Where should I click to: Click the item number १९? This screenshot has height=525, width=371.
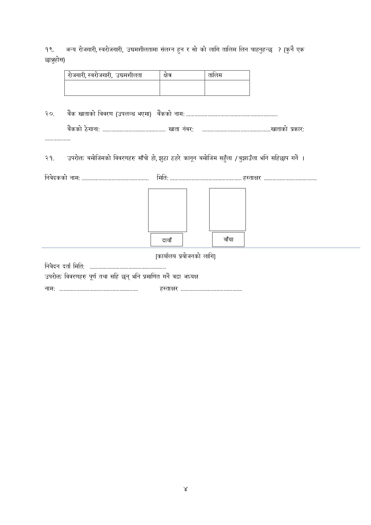(49, 50)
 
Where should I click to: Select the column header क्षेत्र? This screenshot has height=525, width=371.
(168, 75)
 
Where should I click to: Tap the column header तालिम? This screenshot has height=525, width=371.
(215, 75)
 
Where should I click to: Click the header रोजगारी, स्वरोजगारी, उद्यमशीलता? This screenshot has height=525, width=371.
(105, 75)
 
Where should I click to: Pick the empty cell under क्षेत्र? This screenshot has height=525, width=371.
(182, 88)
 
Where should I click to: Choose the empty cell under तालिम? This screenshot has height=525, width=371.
(227, 88)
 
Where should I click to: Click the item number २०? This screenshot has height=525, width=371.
(50, 114)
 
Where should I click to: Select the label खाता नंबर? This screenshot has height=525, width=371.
(181, 129)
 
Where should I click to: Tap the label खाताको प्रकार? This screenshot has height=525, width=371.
(288, 129)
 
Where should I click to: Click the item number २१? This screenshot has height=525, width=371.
(50, 158)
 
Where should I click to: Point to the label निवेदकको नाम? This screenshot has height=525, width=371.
(62, 178)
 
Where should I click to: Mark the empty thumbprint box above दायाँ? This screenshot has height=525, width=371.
(167, 210)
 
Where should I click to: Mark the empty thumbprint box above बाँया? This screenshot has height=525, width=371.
(228, 209)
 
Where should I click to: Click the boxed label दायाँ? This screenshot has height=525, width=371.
(167, 240)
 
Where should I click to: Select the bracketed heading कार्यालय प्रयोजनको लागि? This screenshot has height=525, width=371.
(185, 256)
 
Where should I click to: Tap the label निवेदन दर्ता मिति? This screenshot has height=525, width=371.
(65, 266)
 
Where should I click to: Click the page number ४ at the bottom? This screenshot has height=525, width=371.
(185, 489)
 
